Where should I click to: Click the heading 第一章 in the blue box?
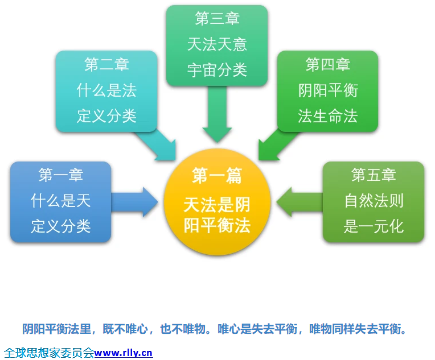click(x=60, y=175)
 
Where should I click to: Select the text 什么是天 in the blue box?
click(x=60, y=201)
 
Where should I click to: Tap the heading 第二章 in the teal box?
click(x=106, y=65)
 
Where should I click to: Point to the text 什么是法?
click(x=106, y=90)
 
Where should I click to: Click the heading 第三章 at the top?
click(x=217, y=19)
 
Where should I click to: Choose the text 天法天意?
click(x=217, y=44)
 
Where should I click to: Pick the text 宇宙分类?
click(x=217, y=70)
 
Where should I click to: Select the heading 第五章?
click(x=374, y=175)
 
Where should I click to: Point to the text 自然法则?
click(x=374, y=201)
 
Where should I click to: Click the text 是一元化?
click(x=374, y=226)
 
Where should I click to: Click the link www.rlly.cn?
click(x=124, y=353)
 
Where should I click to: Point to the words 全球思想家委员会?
click(x=48, y=353)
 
